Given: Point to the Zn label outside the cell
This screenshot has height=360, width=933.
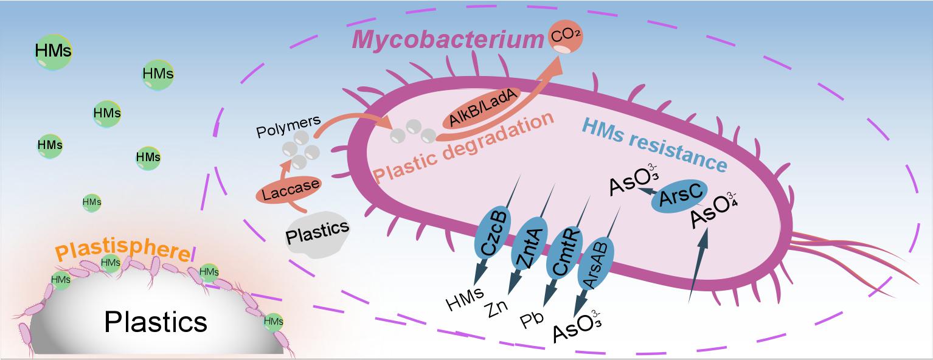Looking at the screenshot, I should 498,311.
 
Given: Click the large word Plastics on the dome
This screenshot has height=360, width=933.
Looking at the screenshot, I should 156,321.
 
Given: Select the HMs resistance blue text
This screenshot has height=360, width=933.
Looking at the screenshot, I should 653,142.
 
